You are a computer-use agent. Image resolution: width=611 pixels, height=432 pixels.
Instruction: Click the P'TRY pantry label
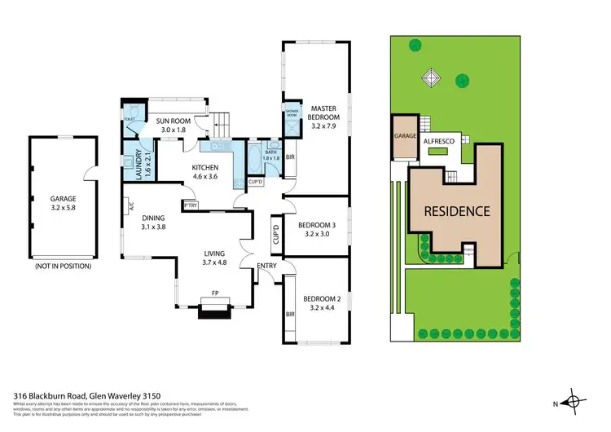pyautogui.click(x=191, y=205)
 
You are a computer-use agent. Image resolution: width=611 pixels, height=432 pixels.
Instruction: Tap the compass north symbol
pyautogui.click(x=574, y=401)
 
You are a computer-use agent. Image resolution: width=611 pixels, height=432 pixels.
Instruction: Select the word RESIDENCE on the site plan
pyautogui.click(x=456, y=211)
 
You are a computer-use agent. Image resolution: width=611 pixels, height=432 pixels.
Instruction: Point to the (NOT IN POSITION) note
pyautogui.click(x=62, y=266)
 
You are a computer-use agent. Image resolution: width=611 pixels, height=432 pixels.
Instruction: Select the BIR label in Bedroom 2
pyautogui.click(x=289, y=313)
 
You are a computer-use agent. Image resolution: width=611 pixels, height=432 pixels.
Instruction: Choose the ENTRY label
pyautogui.click(x=266, y=267)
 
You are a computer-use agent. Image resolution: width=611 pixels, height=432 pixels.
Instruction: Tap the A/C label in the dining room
pyautogui.click(x=130, y=206)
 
